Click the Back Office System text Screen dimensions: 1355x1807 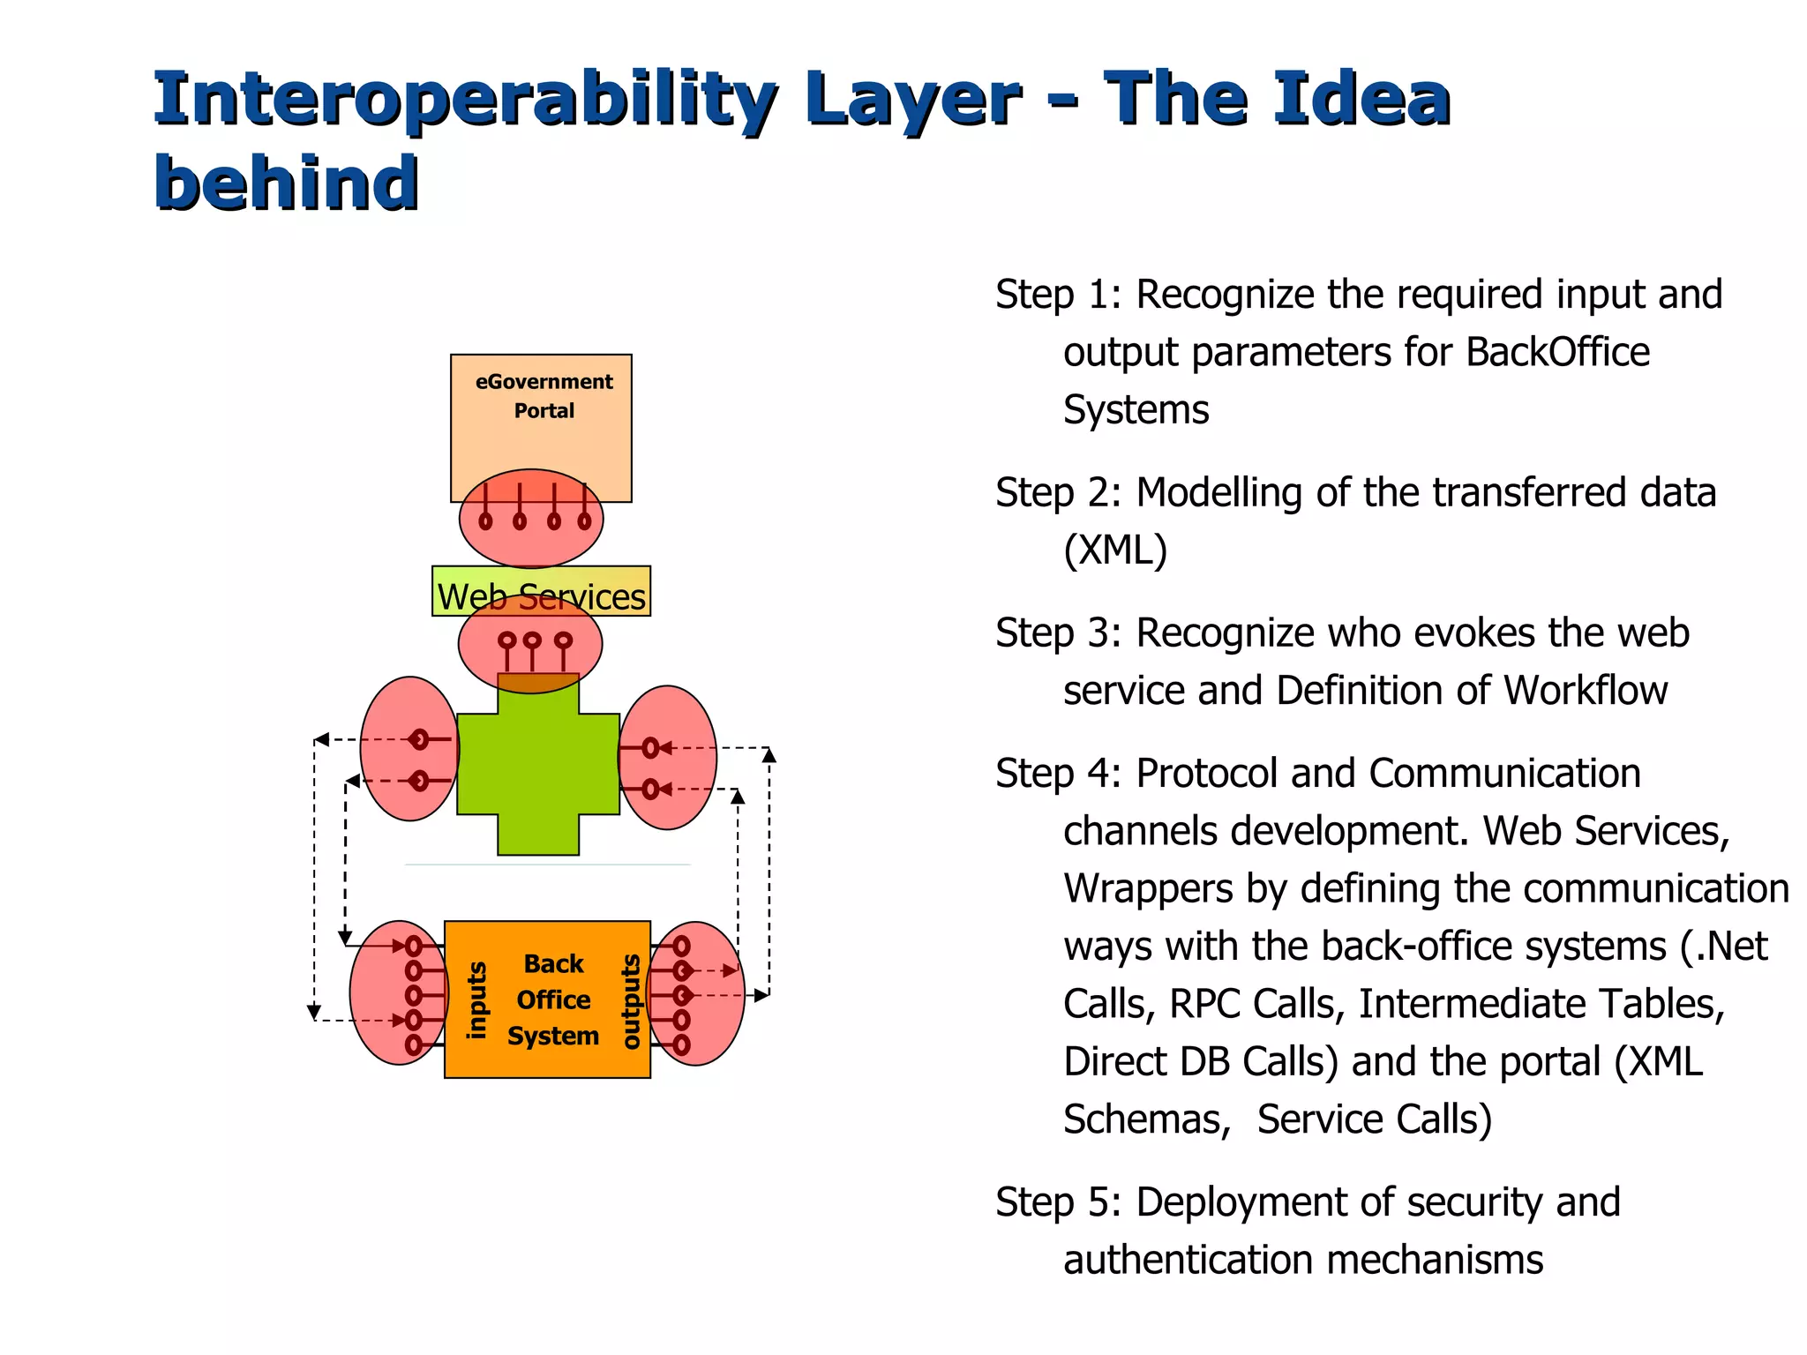(553, 999)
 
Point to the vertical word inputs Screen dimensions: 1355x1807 (476, 1000)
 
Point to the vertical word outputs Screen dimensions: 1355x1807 (630, 1001)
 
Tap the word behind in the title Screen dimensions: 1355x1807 (286, 183)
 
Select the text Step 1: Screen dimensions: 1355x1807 (1058, 295)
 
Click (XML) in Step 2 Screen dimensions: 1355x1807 (1115, 550)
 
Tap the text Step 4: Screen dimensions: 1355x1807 (1058, 774)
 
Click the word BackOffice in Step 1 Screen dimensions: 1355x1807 (1557, 352)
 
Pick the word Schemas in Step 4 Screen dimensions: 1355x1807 (1146, 1119)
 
